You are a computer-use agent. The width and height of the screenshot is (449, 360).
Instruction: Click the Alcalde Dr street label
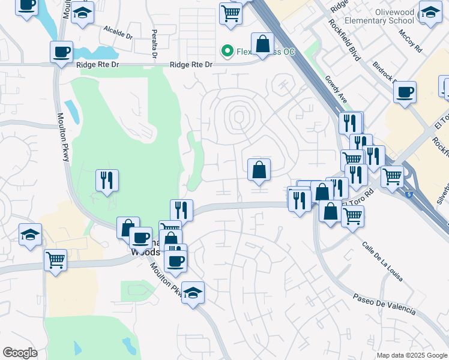pyautogui.click(x=118, y=32)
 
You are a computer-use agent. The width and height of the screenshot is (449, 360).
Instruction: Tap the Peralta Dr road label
pyautogui.click(x=154, y=43)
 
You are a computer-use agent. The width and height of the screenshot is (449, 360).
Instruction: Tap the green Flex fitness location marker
pyautogui.click(x=228, y=51)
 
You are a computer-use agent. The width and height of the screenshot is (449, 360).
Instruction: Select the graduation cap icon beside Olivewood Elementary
pyautogui.click(x=430, y=13)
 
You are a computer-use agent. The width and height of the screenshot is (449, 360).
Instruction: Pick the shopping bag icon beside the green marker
pyautogui.click(x=262, y=43)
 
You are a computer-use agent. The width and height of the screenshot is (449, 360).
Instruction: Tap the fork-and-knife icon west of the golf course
pyautogui.click(x=107, y=179)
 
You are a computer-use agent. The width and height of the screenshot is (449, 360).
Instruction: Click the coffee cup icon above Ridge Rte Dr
pyautogui.click(x=61, y=52)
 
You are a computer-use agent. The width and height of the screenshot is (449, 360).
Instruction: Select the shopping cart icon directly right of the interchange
pyautogui.click(x=392, y=176)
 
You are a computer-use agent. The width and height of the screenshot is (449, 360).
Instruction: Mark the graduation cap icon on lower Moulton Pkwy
pyautogui.click(x=193, y=293)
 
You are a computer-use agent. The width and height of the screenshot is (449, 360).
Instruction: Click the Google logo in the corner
pyautogui.click(x=20, y=353)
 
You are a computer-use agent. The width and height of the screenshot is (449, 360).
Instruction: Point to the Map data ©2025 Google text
pyautogui.click(x=411, y=355)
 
